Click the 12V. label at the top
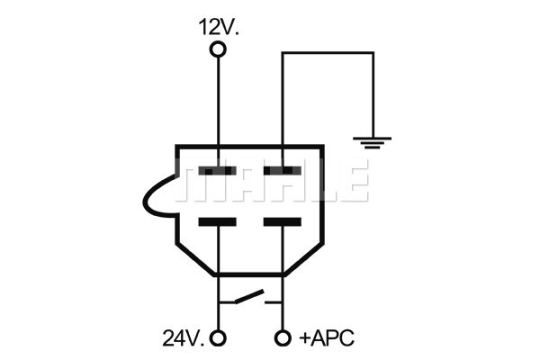click(219, 27)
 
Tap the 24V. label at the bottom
click(183, 338)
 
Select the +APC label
click(327, 338)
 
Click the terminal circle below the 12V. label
click(218, 49)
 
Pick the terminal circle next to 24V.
click(218, 338)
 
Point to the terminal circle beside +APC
click(283, 338)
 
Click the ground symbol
click(372, 142)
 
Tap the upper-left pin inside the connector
click(217, 170)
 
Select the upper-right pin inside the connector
click(283, 170)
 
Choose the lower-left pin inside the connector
click(217, 221)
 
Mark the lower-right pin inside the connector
click(283, 221)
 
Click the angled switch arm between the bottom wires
click(249, 297)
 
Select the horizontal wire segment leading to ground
click(328, 53)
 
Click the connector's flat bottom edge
click(249, 274)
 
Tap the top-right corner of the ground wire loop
click(373, 53)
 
